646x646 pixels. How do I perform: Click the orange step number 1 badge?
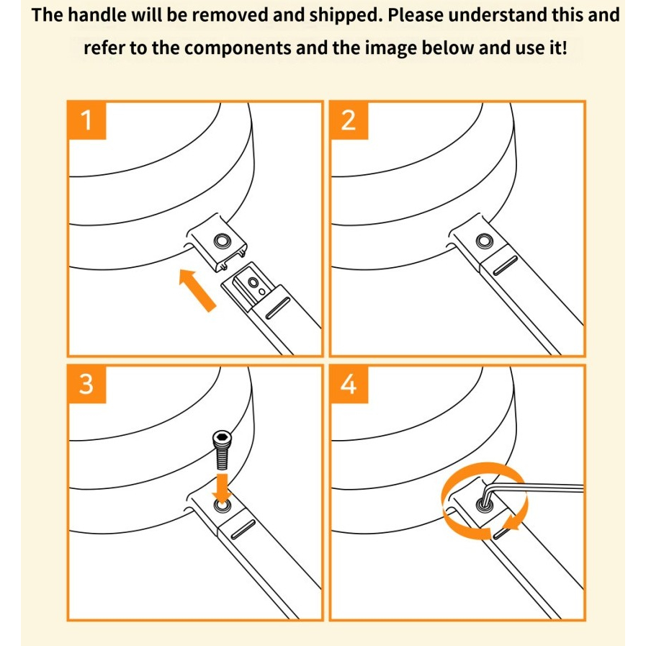87,120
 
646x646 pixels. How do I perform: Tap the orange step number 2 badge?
349,120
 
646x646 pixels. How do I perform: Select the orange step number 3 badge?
87,384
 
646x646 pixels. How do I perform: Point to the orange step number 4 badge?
349,384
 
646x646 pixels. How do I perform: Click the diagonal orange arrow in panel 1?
197,290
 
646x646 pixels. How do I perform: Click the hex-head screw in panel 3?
222,450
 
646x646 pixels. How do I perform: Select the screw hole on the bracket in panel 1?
223,241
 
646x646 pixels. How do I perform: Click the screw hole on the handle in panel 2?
484,241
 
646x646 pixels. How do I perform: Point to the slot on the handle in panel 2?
505,264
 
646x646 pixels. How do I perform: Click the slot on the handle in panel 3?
243,529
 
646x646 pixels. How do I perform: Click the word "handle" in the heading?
97,15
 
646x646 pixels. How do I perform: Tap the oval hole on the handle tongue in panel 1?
254,282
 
